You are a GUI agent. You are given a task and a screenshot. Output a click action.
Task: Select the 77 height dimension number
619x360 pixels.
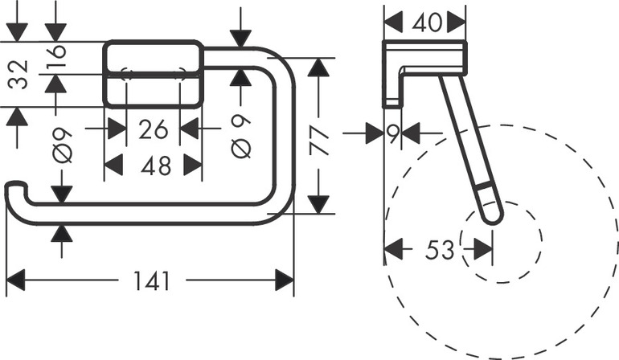tap(319, 134)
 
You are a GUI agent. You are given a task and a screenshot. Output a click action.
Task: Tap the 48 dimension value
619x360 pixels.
tap(153, 166)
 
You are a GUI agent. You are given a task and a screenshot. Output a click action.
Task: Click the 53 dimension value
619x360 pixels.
tap(439, 250)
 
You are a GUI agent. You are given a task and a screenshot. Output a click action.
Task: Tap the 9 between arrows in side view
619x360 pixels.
tap(393, 133)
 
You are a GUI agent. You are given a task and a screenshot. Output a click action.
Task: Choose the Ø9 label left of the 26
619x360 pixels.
tap(64, 145)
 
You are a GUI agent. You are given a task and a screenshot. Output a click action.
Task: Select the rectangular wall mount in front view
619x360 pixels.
tap(153, 73)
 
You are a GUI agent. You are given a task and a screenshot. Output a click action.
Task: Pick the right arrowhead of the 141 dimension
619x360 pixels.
tap(285, 281)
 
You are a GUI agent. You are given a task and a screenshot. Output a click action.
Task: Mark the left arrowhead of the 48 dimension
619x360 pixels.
tap(113, 166)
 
